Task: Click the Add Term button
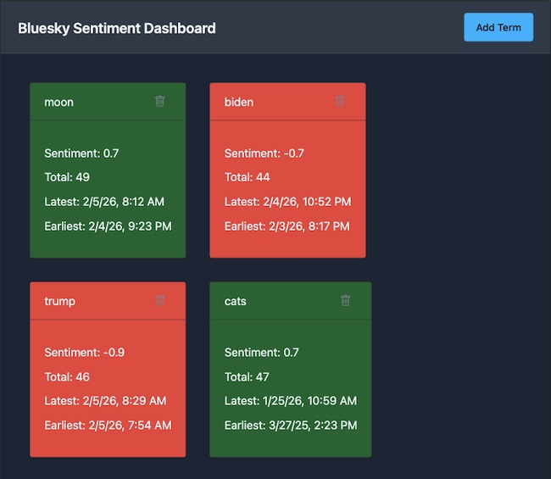tap(498, 27)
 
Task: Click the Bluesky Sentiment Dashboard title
tap(117, 28)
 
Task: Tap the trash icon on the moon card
tap(160, 102)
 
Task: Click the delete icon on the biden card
tap(340, 102)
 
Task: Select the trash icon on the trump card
tap(160, 301)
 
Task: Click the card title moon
tap(59, 103)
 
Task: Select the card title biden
tap(239, 103)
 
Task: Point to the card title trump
tap(60, 302)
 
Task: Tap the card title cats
tap(236, 302)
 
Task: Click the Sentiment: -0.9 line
tap(85, 353)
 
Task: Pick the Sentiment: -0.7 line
tap(264, 153)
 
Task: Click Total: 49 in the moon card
tap(67, 177)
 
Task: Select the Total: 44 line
tap(248, 177)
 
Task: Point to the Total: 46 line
tap(67, 376)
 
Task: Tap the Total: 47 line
tap(248, 376)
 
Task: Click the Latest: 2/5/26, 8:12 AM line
tap(104, 202)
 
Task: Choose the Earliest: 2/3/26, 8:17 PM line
tap(287, 226)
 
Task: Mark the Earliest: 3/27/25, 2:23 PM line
tap(291, 426)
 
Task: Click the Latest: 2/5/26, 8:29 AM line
tap(105, 401)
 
